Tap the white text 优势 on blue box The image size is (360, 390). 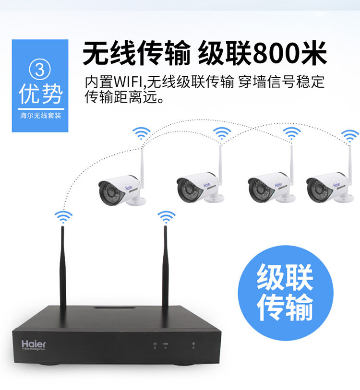(40, 94)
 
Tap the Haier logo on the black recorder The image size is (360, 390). (34, 343)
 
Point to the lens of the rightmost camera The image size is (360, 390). (315, 190)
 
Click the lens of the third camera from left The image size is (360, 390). (258, 190)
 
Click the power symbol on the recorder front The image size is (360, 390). (155, 343)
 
